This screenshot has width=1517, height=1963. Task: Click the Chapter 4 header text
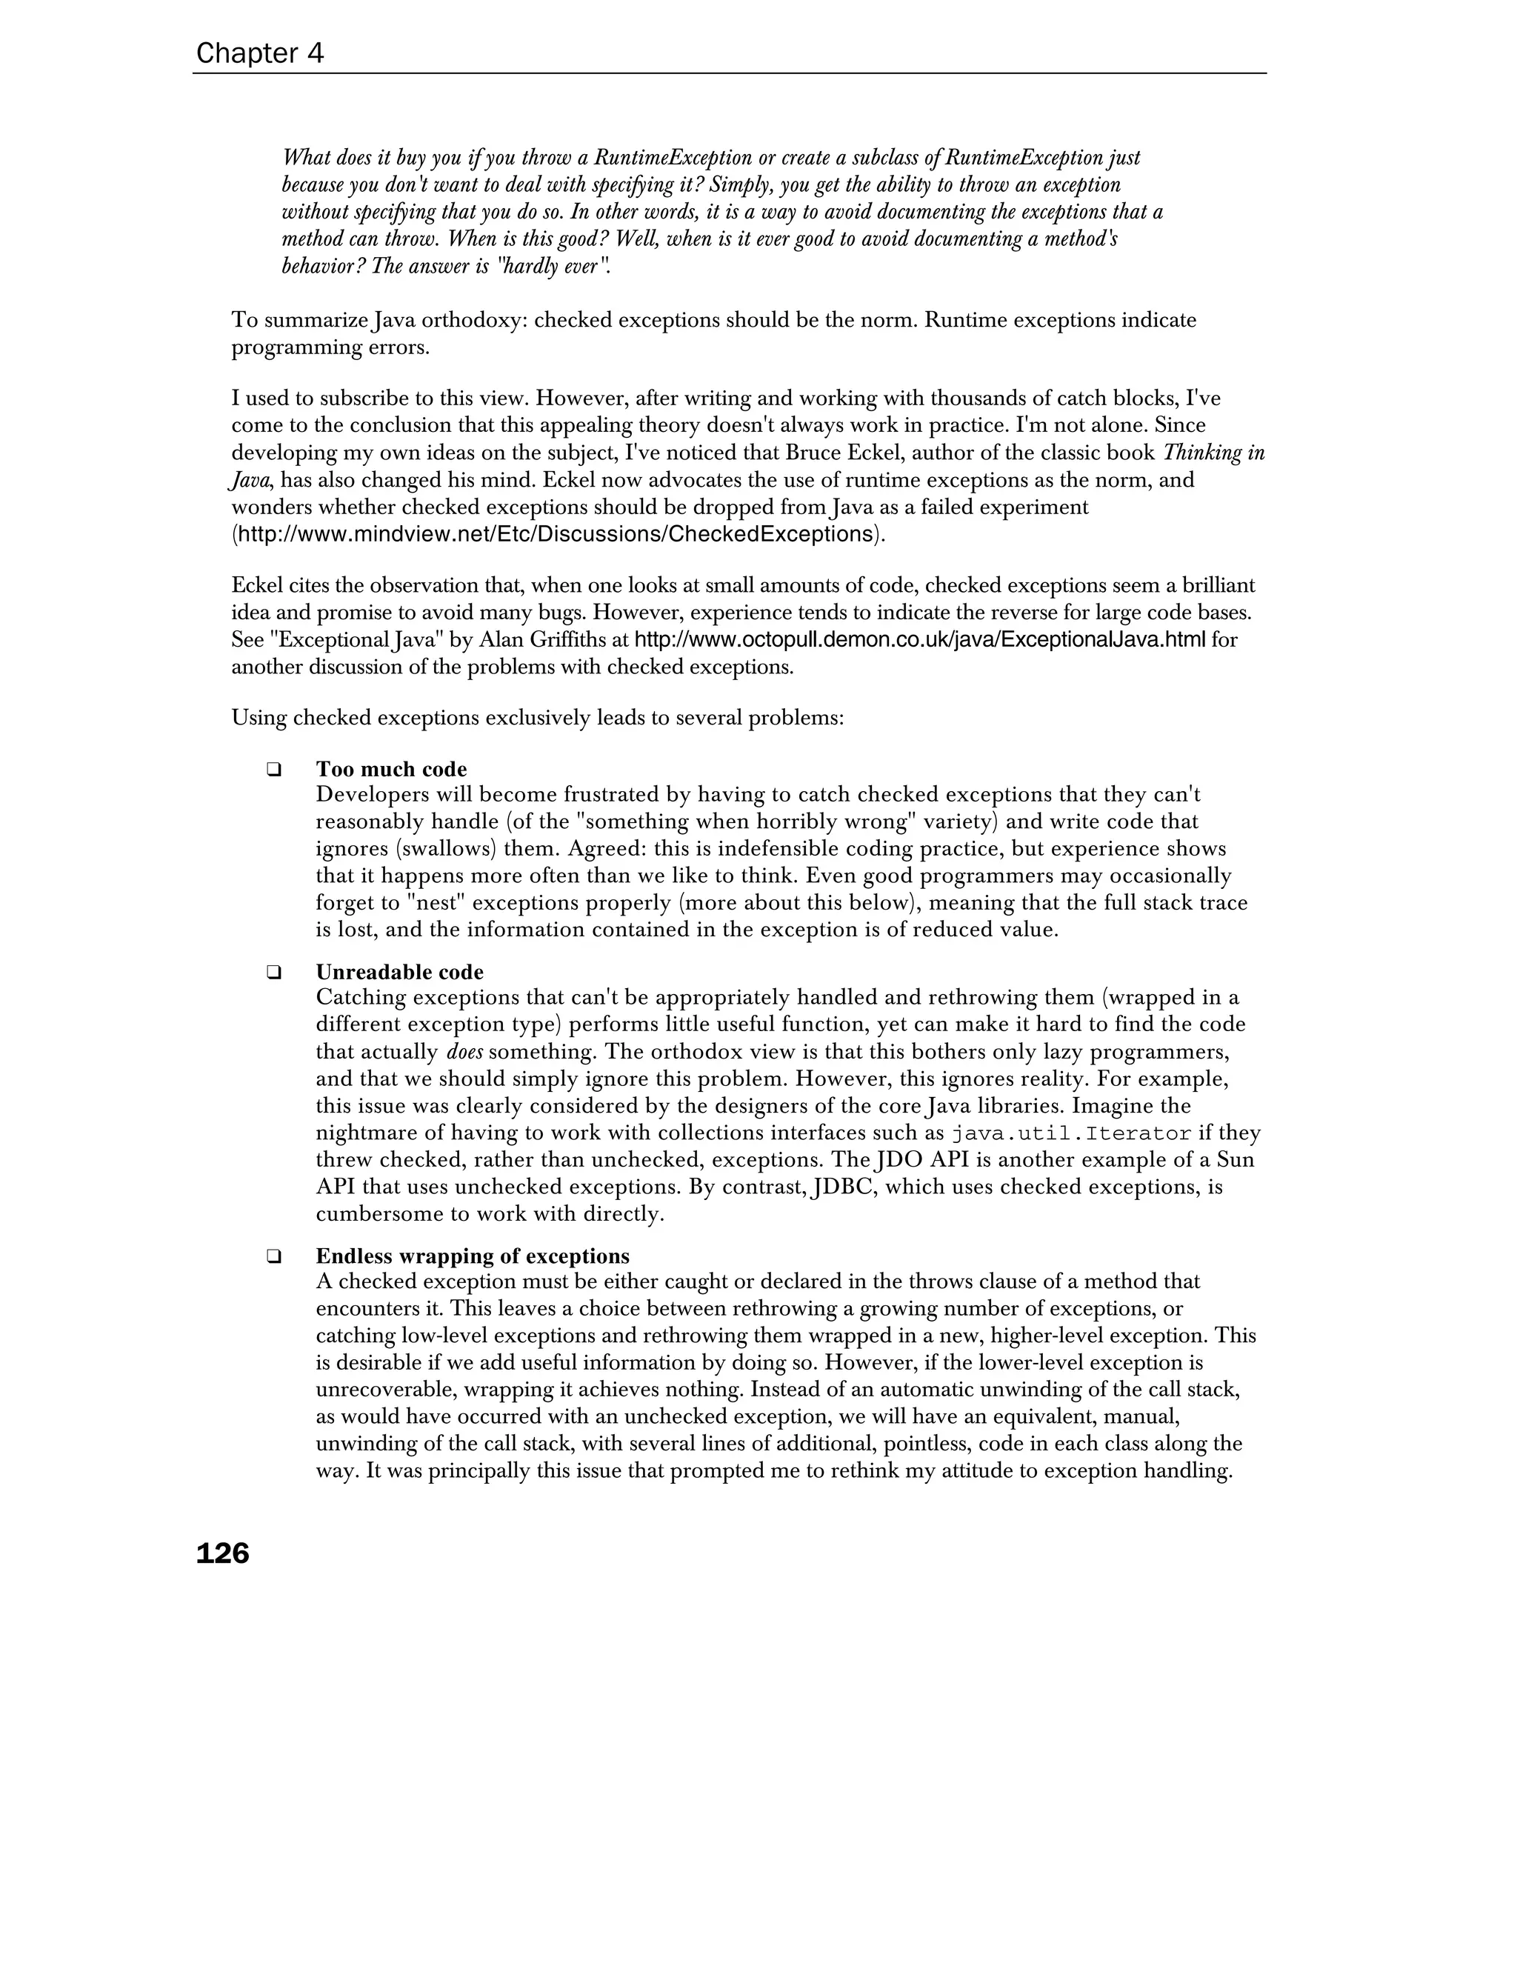pyautogui.click(x=260, y=54)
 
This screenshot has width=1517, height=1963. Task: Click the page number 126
pyautogui.click(x=222, y=1553)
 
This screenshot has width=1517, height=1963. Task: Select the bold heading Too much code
pyautogui.click(x=391, y=770)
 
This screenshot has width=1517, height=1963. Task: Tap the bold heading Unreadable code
pyautogui.click(x=399, y=973)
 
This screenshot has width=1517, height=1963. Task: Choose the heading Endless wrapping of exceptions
pyautogui.click(x=472, y=1256)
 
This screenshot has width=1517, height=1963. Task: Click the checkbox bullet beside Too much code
pyautogui.click(x=273, y=770)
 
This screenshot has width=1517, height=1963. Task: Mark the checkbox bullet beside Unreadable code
pyautogui.click(x=273, y=973)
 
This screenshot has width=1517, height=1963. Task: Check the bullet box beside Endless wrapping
pyautogui.click(x=273, y=1256)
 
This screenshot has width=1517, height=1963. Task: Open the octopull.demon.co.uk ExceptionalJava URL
pyautogui.click(x=919, y=641)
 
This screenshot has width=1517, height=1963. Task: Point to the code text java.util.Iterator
pyautogui.click(x=1071, y=1133)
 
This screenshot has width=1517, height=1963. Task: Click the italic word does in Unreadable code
pyautogui.click(x=464, y=1053)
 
